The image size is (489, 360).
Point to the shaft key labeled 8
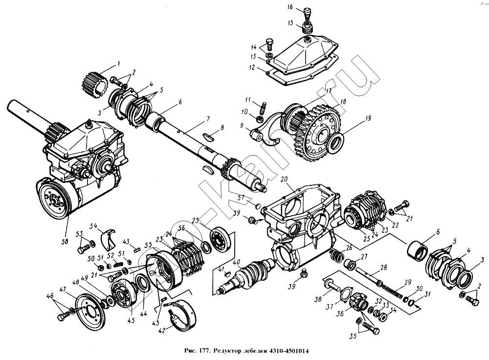point(211,136)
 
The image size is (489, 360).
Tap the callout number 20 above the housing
point(284,179)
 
